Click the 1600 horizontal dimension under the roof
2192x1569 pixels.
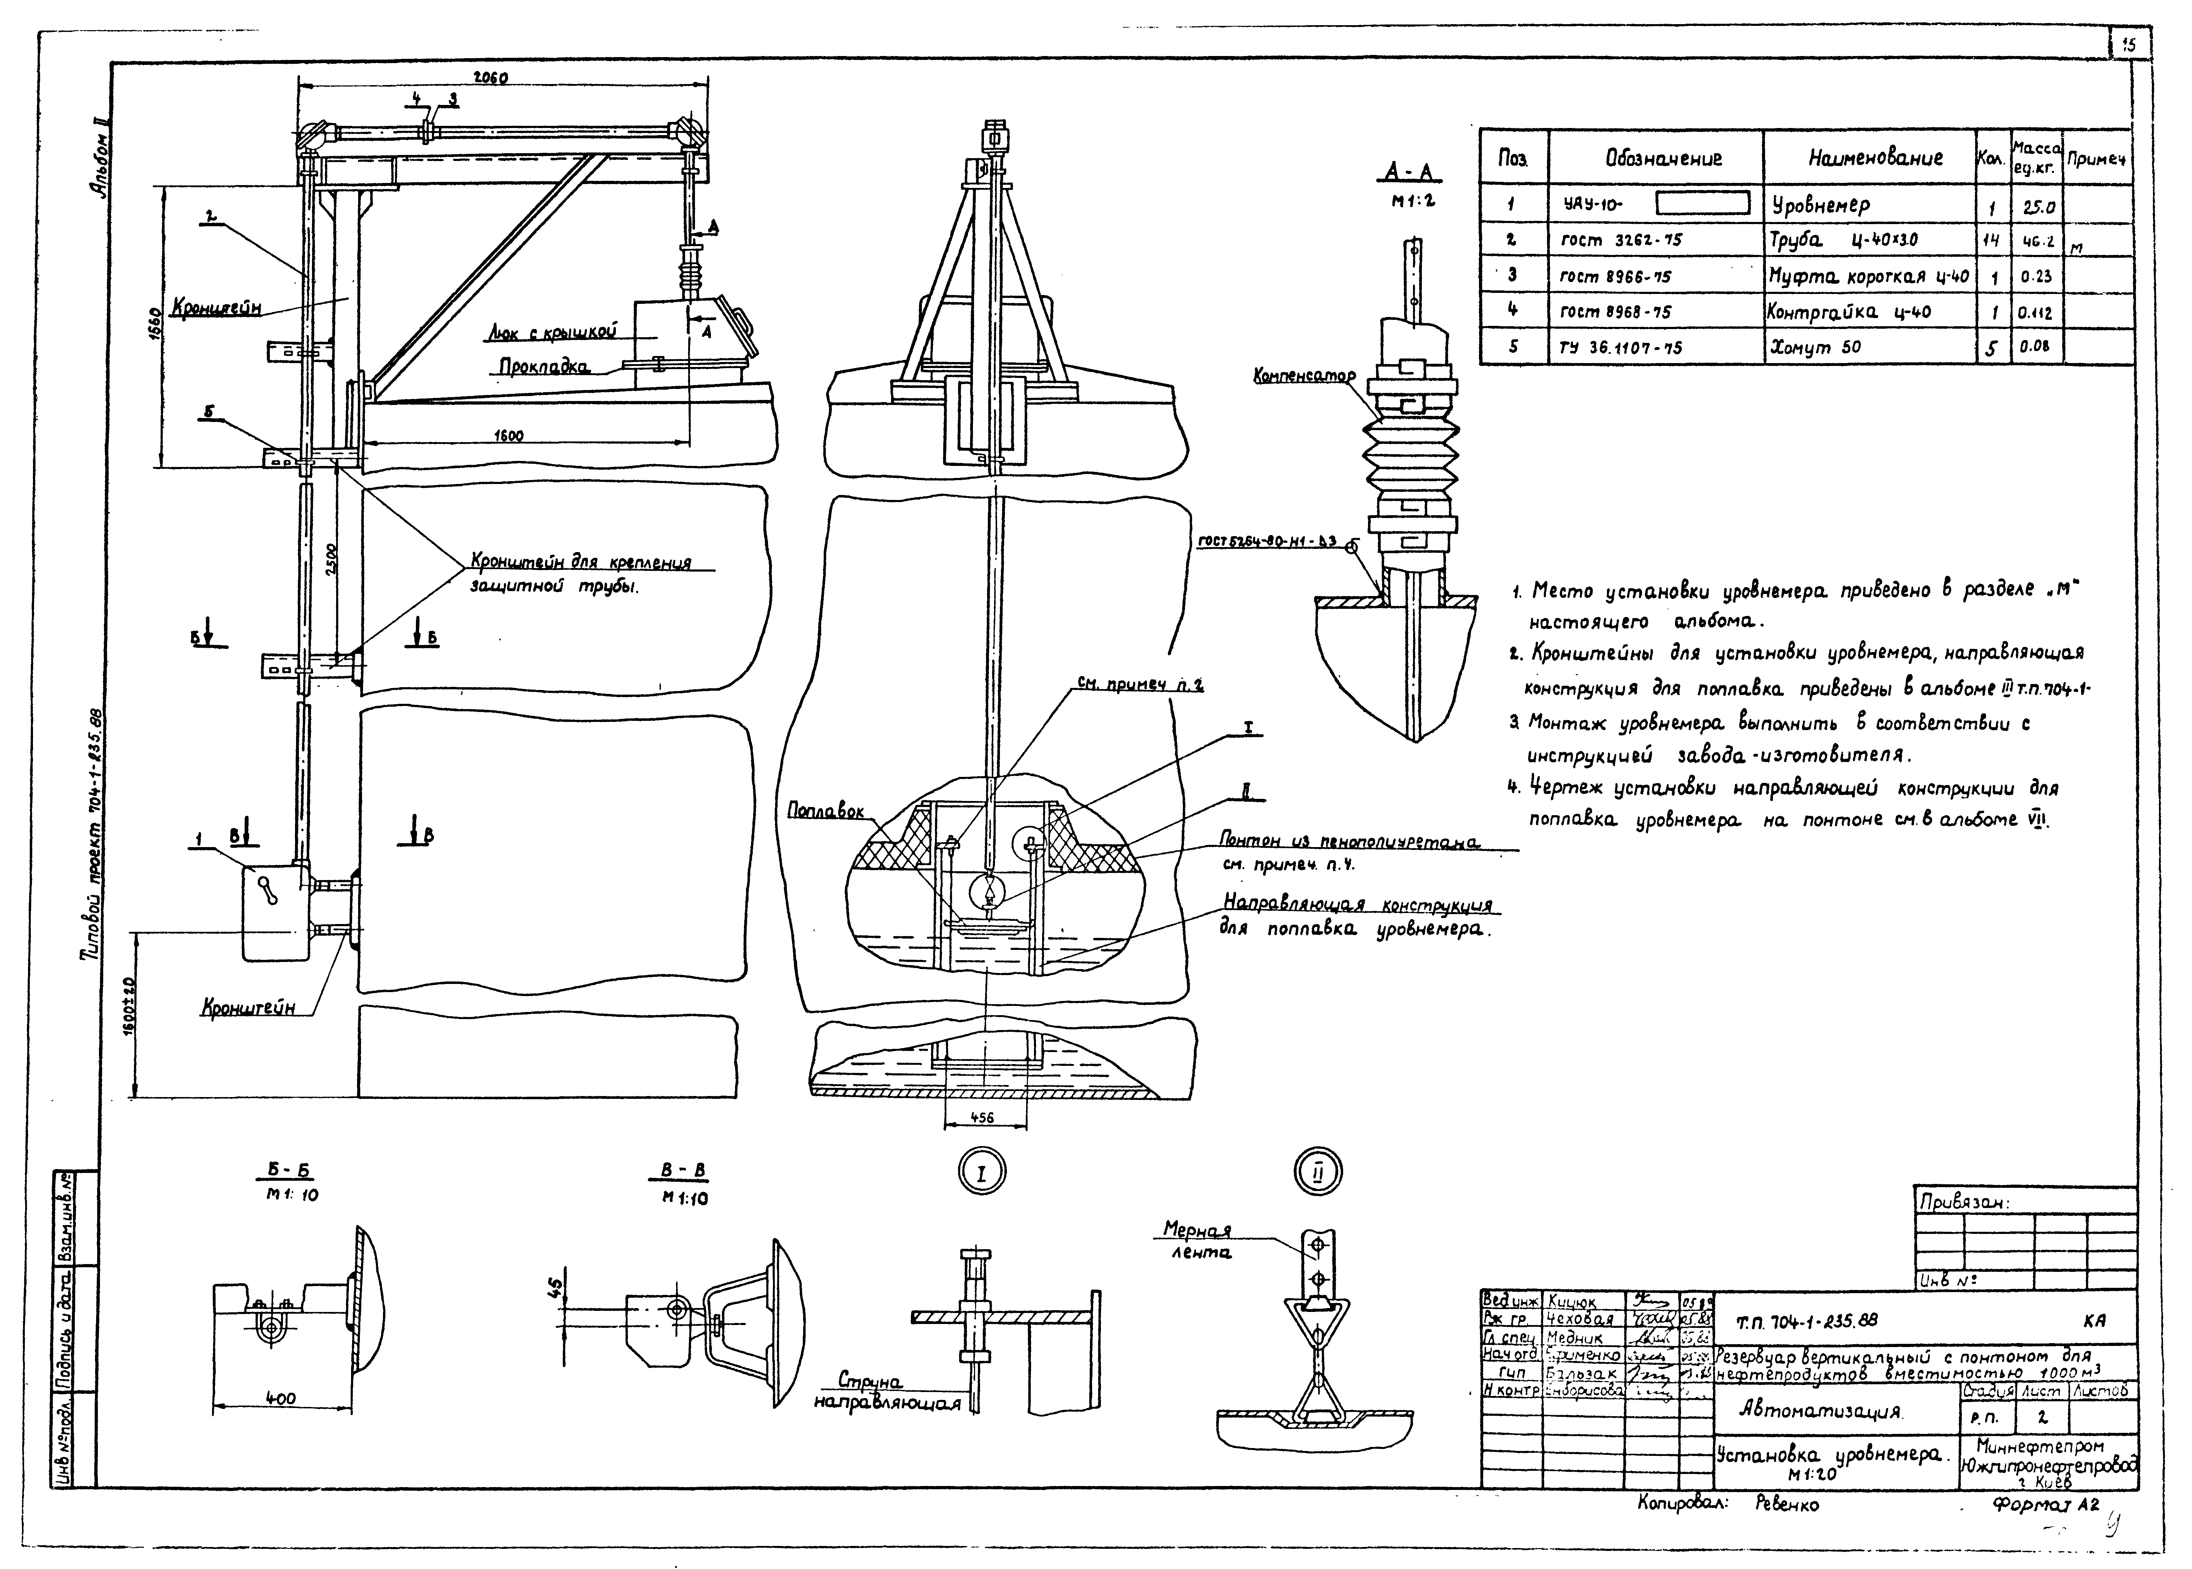[x=509, y=436]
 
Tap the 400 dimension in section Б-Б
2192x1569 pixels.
[x=280, y=1398]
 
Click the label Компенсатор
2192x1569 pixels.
[x=1304, y=375]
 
